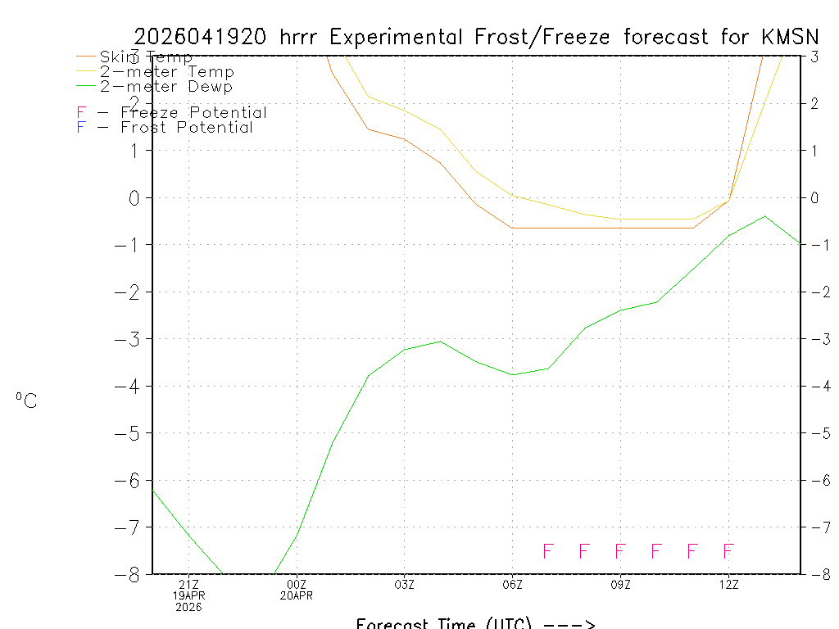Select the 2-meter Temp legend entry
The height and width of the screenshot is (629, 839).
tap(166, 72)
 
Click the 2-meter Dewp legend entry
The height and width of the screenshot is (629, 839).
tap(166, 87)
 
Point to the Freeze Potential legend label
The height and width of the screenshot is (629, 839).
tap(193, 112)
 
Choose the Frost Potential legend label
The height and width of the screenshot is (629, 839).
tap(187, 128)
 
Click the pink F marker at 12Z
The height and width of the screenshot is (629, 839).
tap(728, 551)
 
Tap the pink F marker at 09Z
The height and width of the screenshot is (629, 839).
tap(620, 551)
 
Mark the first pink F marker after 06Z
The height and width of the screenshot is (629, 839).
tap(548, 551)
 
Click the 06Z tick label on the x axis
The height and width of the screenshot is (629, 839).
tap(513, 584)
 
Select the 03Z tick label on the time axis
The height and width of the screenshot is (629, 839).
tap(405, 584)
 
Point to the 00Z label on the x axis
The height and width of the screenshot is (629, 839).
tap(297, 584)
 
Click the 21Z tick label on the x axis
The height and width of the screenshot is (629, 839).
tap(188, 584)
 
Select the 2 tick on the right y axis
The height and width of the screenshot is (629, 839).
tap(814, 103)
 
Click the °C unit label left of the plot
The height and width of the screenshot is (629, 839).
tap(26, 401)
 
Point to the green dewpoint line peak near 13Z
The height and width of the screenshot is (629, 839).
tap(764, 216)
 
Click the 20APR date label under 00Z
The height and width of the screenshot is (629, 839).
tap(297, 595)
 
